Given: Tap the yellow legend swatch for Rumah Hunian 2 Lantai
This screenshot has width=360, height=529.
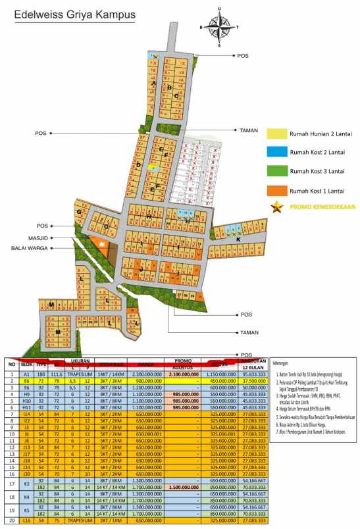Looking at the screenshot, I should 278,134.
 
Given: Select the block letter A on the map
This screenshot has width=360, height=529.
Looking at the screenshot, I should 153,84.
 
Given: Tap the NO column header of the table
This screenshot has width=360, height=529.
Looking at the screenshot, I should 11,364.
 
